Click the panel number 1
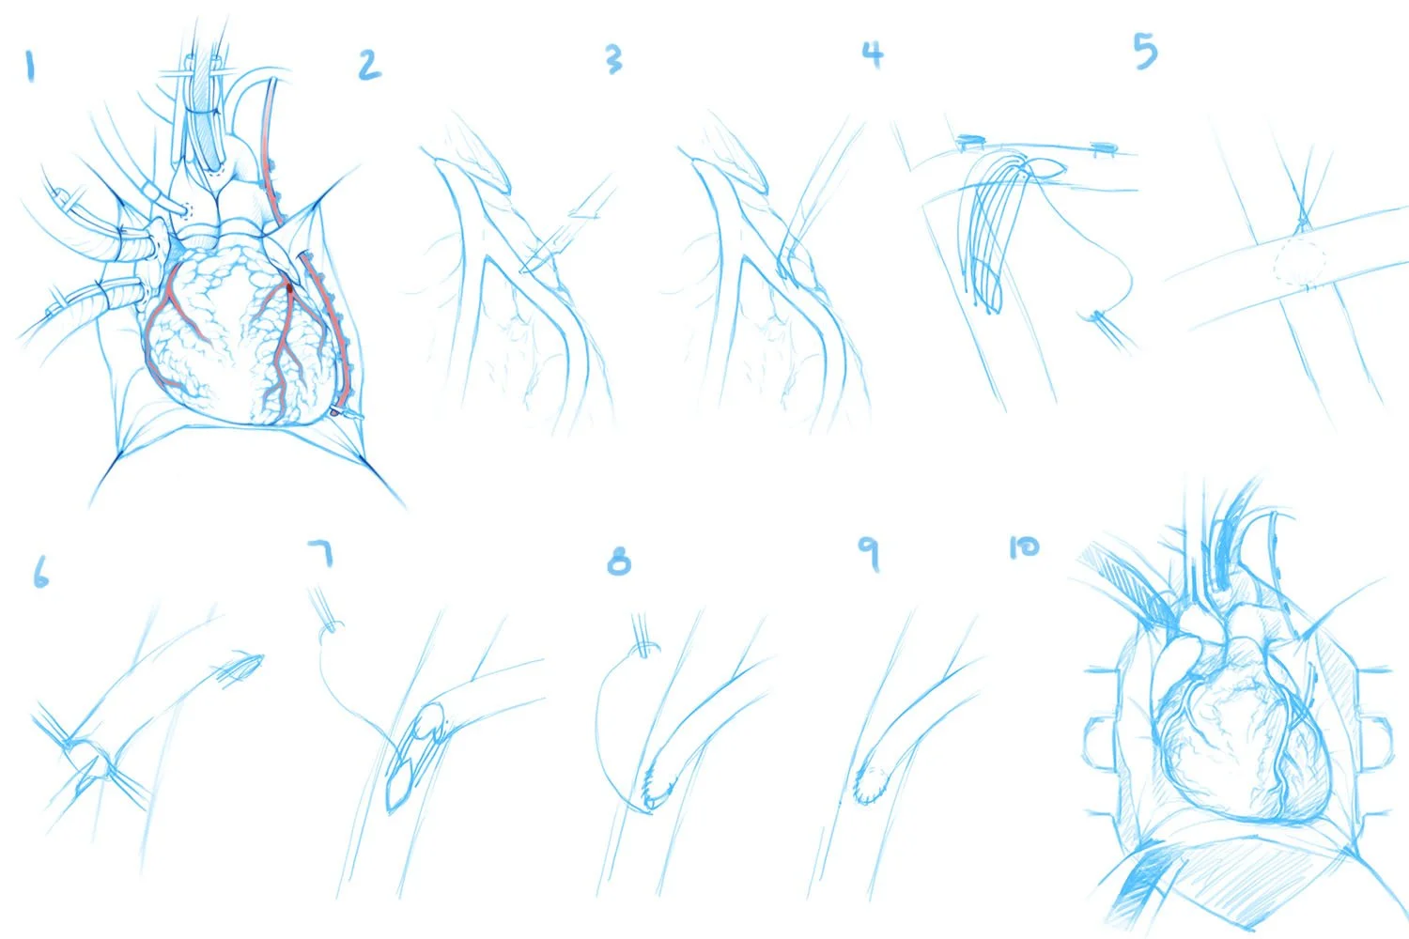30,67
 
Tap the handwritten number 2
369,65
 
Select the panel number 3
613,59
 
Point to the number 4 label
874,54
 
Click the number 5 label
1145,51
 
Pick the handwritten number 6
40,572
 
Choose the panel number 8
618,562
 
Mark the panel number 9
870,553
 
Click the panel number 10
1024,546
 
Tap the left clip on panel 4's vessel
972,144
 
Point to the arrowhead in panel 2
587,213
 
